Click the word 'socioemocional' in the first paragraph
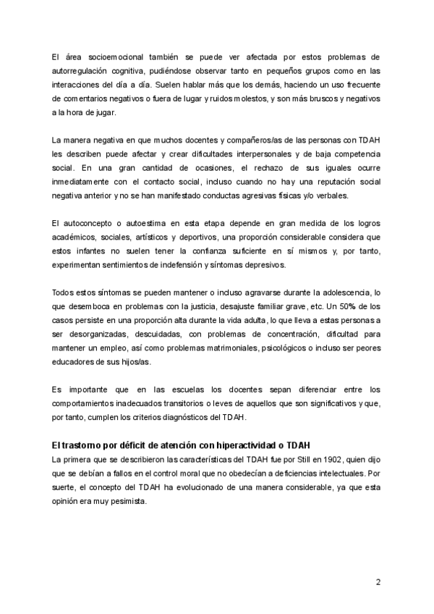coord(109,56)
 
